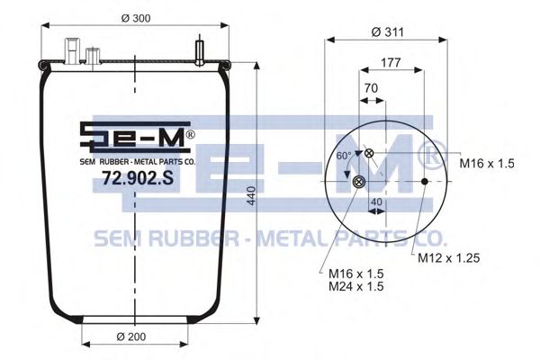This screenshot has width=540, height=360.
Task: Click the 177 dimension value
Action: pos(391,63)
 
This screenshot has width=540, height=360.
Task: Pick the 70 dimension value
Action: pos(370,89)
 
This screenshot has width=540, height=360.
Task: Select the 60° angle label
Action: pos(343,156)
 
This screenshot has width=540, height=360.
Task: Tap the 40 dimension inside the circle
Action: pos(376,202)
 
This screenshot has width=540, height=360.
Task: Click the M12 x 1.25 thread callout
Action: pos(447,258)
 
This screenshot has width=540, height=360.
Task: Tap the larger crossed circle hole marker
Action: pos(360,184)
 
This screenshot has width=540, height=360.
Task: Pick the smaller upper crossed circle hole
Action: pos(369,154)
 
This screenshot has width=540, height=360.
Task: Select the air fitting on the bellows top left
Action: pos(73,47)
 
